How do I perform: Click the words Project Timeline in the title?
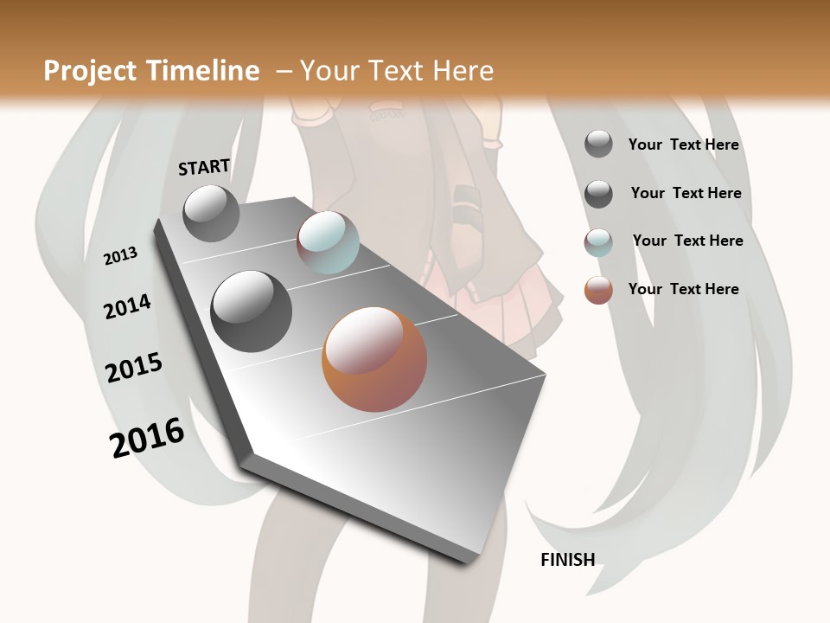(x=151, y=71)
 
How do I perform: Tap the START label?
(x=204, y=167)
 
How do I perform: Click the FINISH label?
(x=567, y=560)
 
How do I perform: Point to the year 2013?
(x=120, y=255)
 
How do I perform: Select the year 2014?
(x=127, y=306)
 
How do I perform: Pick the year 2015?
(x=134, y=368)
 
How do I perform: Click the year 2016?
(x=147, y=437)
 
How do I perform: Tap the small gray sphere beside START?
(x=211, y=213)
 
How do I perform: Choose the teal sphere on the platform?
(x=328, y=242)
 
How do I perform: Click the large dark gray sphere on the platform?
(x=252, y=311)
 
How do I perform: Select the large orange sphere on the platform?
(x=374, y=359)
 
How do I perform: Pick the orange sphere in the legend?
(x=598, y=290)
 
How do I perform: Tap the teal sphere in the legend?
(x=598, y=242)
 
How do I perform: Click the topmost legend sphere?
(x=598, y=144)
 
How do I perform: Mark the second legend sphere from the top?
(x=598, y=194)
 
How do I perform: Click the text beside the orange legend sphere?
(x=683, y=289)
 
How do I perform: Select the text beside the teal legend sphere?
(x=687, y=241)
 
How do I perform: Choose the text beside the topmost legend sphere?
(x=683, y=145)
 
